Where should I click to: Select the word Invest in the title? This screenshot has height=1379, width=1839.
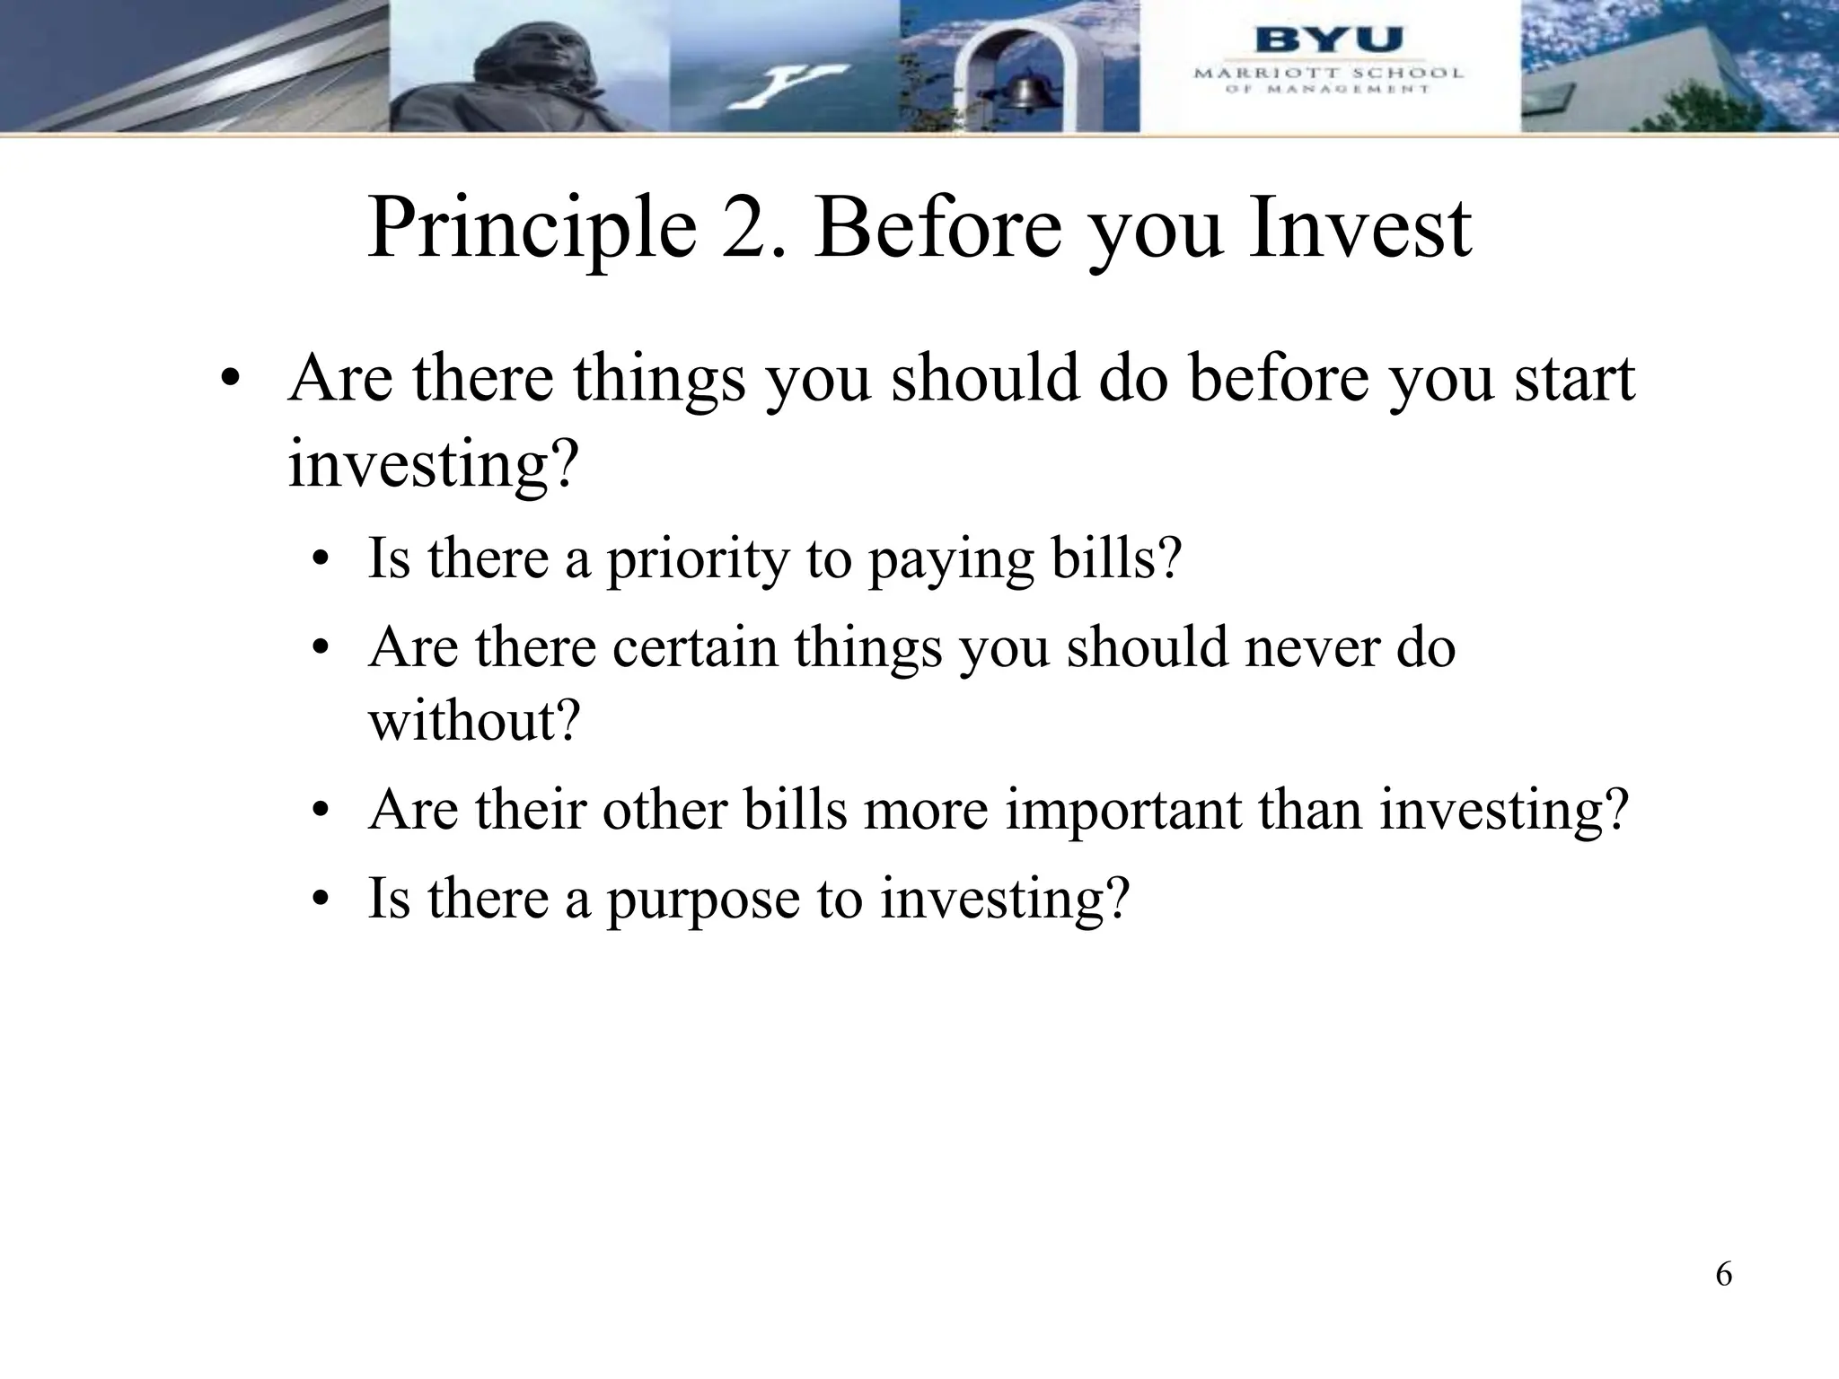[x=1359, y=230]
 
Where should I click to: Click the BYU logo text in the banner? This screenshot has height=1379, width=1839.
[x=1328, y=41]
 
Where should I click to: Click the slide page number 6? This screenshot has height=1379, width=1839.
[x=1723, y=1274]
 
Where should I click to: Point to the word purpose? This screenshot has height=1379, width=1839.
[x=703, y=898]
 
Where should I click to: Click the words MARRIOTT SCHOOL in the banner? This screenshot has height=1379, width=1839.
[x=1328, y=74]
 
